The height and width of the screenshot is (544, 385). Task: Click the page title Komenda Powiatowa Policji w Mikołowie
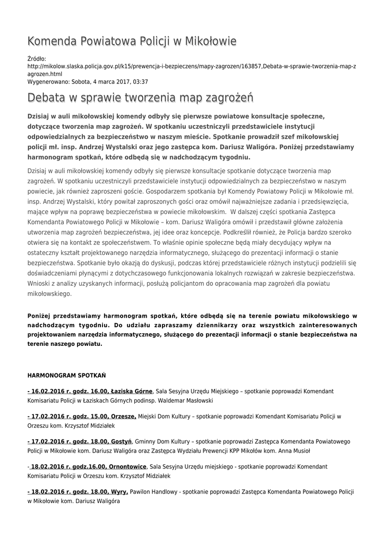click(132, 41)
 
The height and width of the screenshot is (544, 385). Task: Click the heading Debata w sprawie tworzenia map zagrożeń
click(140, 98)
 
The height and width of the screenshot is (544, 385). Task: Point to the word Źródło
click(37, 58)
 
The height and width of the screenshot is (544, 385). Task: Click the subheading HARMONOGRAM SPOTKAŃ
click(66, 375)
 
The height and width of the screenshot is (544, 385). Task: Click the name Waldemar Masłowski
click(186, 401)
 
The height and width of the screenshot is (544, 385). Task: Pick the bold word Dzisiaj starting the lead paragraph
click(41, 115)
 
